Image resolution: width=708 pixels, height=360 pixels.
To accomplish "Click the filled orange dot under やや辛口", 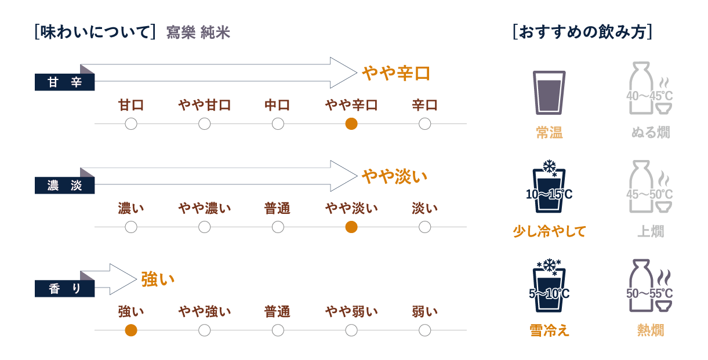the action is tap(351, 124).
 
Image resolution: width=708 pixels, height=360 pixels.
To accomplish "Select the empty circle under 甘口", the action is tap(131, 124).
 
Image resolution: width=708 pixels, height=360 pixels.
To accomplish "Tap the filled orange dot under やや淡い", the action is tap(351, 227).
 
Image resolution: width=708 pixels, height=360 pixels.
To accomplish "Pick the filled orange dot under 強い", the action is tap(131, 330).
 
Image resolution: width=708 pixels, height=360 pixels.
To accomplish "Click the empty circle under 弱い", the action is tap(424, 330).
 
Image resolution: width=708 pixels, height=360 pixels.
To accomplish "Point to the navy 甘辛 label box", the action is tap(64, 82).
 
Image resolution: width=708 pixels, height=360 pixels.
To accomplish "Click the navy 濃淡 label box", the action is tap(64, 185).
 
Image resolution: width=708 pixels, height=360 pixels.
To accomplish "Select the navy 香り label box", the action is tap(64, 289).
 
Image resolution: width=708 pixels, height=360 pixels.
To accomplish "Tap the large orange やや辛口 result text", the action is tap(395, 73).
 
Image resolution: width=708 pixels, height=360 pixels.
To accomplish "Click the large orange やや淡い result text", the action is tap(394, 176).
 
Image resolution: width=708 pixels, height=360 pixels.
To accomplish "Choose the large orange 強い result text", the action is tap(158, 279).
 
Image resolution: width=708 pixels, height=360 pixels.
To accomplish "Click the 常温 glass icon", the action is tap(549, 93).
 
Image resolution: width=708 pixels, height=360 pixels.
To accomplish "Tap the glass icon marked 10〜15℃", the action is tap(549, 187).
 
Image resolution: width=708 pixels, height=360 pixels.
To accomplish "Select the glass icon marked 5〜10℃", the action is tap(549, 286).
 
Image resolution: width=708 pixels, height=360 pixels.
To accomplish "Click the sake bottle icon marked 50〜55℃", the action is tap(649, 286).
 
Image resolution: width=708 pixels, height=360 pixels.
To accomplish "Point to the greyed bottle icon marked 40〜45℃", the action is tap(649, 88).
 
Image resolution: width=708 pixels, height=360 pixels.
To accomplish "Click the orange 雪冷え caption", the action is tap(549, 330).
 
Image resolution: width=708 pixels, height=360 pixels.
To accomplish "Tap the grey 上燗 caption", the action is tap(651, 231).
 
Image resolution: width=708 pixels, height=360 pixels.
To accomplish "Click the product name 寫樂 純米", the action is tap(198, 32).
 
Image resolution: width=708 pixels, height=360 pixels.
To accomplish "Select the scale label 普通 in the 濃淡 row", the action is tap(277, 209).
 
